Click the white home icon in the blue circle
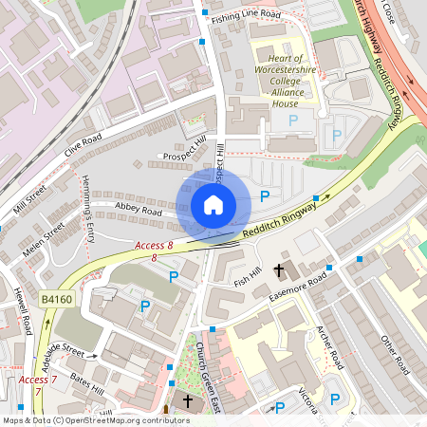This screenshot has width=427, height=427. coord(213,205)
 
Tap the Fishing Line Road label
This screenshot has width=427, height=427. coord(246,16)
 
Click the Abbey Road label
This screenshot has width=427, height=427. coord(139,213)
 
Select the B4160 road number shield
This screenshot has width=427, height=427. coord(57,300)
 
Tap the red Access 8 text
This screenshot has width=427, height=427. coord(154,246)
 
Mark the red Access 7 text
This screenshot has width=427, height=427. coord(36,380)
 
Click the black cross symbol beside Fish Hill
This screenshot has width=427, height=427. coord(279,270)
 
